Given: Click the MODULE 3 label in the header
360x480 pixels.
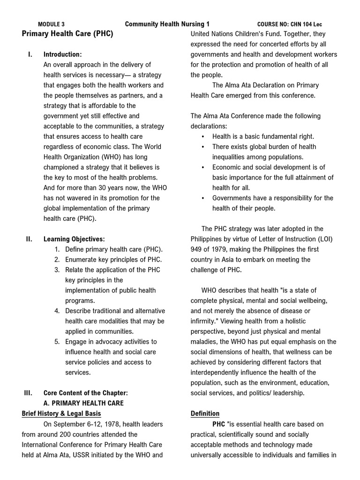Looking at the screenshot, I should (x=51, y=24).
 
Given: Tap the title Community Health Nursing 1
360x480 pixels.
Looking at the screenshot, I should (x=167, y=24).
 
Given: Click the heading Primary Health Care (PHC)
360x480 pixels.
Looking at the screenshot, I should (x=67, y=34).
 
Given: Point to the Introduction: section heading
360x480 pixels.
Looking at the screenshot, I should (x=62, y=54).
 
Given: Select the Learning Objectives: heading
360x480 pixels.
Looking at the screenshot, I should (x=74, y=239).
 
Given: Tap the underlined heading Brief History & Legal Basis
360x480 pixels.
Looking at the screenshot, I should (x=61, y=413).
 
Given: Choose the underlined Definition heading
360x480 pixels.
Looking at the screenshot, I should (x=205, y=413).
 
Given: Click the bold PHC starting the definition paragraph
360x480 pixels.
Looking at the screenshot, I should (x=219, y=424).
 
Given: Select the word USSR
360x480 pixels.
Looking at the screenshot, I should (x=97, y=455).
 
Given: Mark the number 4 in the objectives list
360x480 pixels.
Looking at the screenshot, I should (x=56, y=311).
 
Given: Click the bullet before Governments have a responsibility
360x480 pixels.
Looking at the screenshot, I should (x=202, y=198).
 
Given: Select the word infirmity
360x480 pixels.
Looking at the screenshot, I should (x=204, y=321).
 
